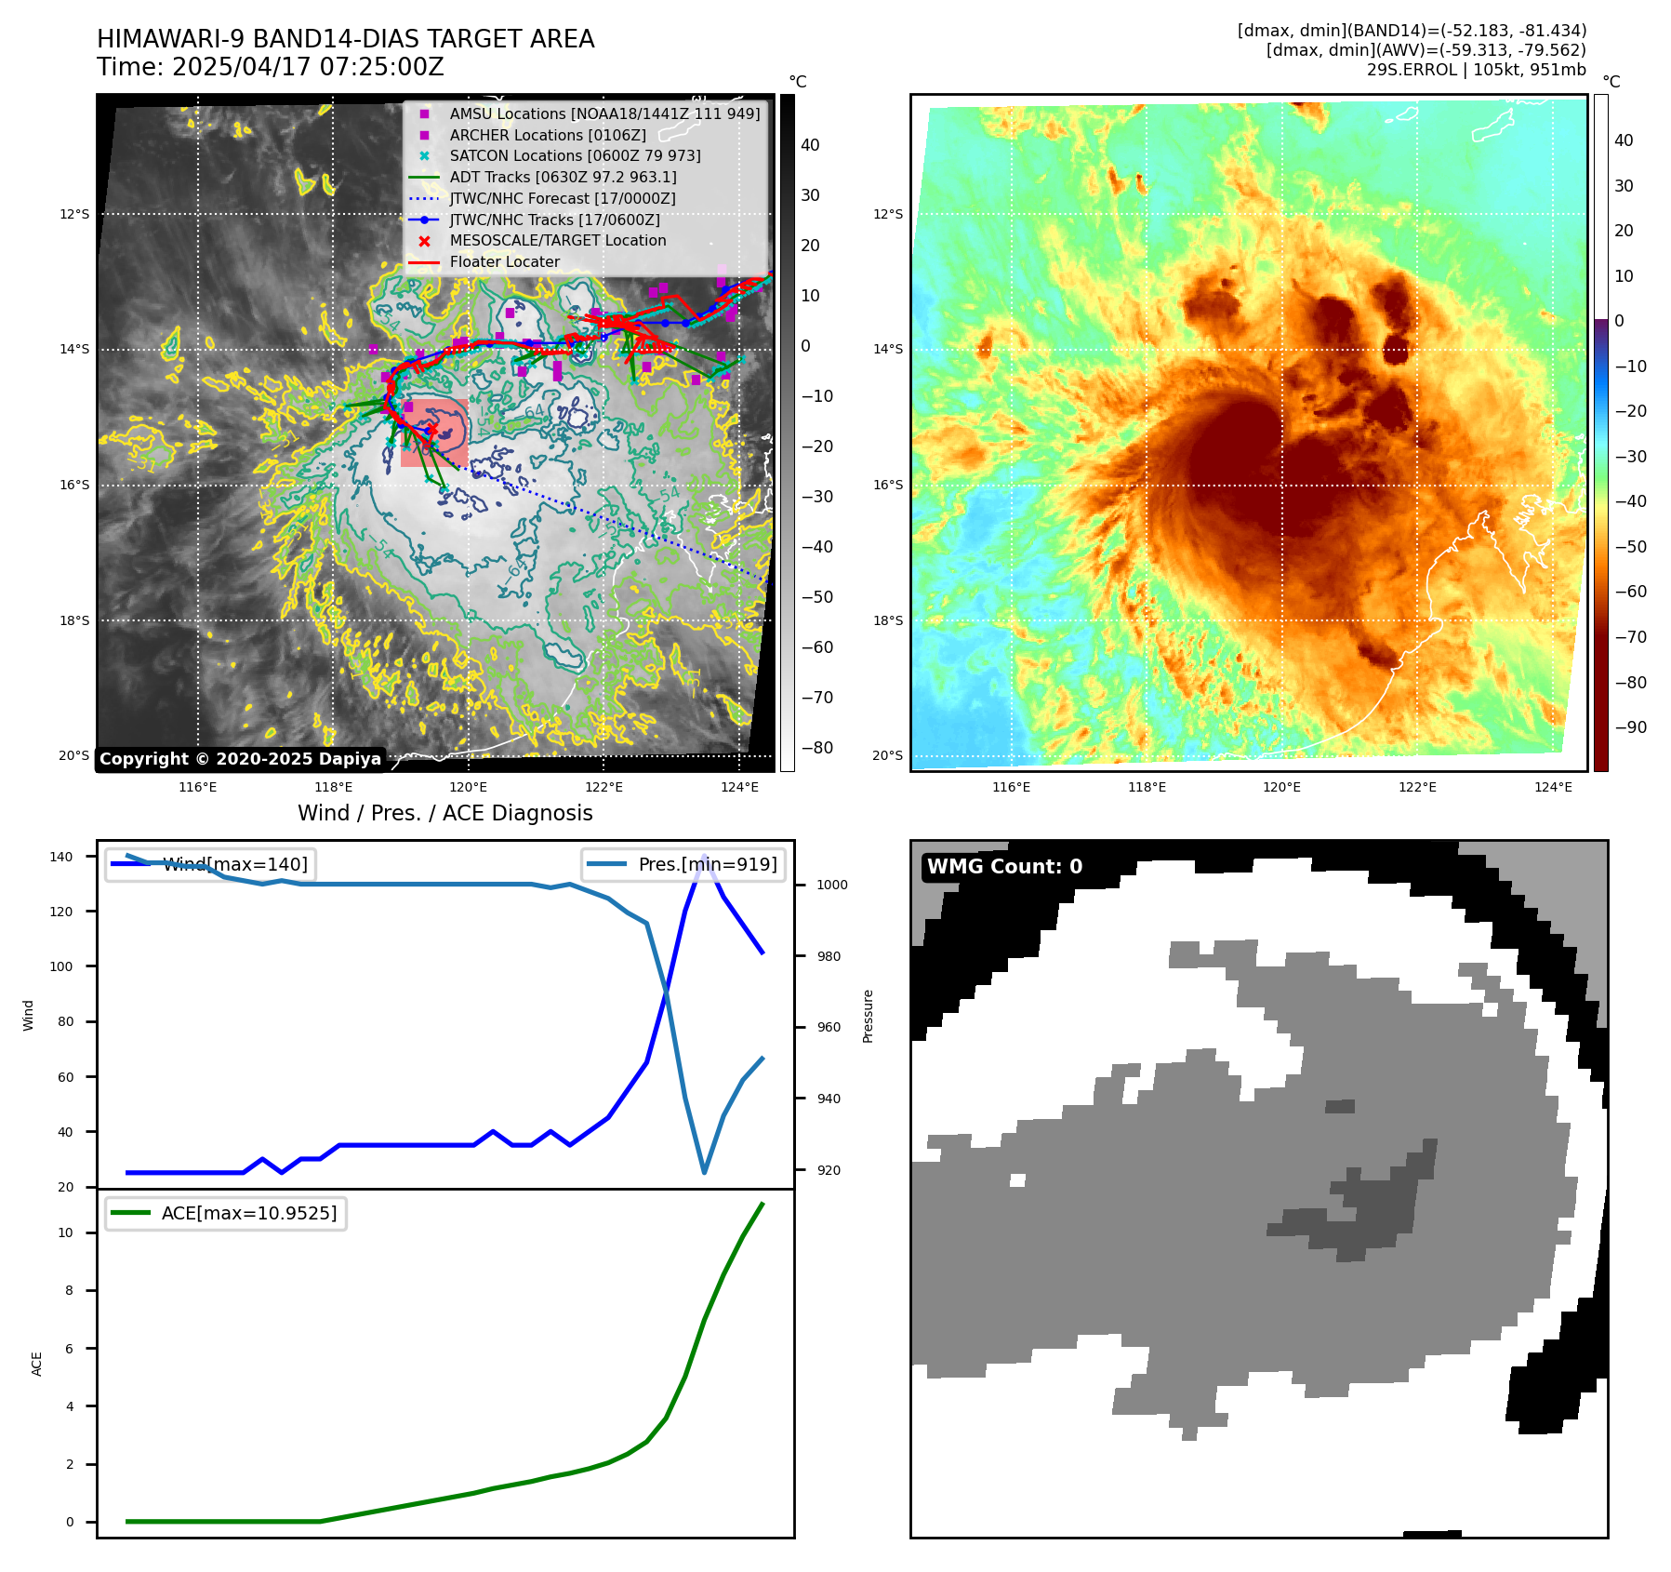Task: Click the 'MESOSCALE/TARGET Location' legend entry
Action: [557, 241]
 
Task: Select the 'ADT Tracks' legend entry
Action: [563, 177]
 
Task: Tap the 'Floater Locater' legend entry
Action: [504, 262]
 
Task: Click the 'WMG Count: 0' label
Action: [1004, 867]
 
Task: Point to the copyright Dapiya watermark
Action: [240, 759]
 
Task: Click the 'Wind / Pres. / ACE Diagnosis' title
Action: [444, 813]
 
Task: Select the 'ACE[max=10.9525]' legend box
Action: [226, 1213]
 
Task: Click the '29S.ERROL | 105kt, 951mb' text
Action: [1476, 70]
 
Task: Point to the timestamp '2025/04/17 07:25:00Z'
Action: [308, 68]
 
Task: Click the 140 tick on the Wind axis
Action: [61, 857]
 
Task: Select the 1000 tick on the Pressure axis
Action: [831, 885]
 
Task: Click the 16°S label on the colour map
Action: [888, 485]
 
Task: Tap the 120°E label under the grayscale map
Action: [468, 787]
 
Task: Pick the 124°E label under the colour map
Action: [1553, 787]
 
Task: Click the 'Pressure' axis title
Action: [868, 1016]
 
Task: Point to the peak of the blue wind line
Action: [705, 856]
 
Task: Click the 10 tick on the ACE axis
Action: [66, 1232]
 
